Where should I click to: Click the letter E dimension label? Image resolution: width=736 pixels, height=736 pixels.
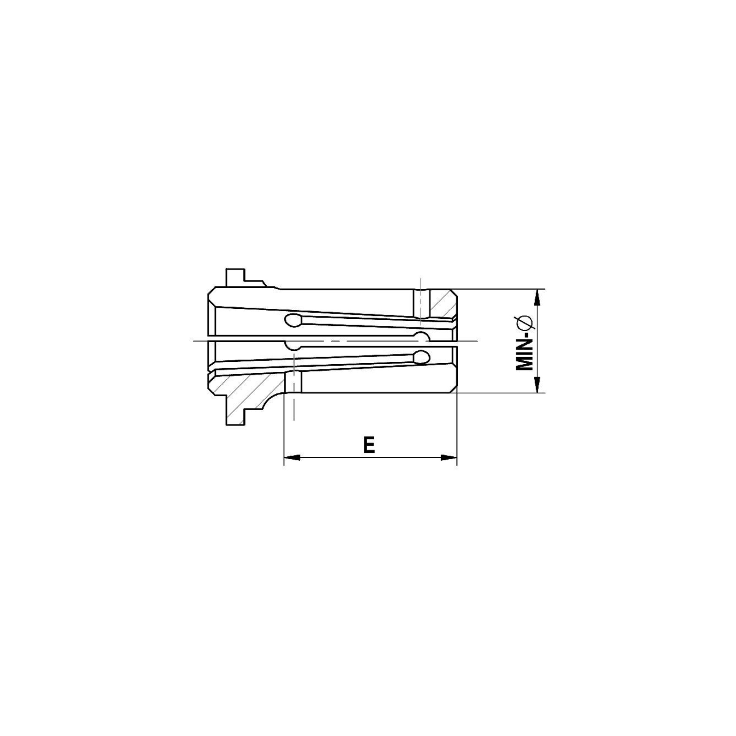369,445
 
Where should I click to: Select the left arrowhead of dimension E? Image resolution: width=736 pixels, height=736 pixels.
292,457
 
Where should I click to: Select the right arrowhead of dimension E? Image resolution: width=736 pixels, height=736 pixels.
449,457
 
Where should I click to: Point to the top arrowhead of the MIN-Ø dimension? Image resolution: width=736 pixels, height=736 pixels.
537,297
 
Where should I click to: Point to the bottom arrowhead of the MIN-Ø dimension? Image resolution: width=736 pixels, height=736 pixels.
537,385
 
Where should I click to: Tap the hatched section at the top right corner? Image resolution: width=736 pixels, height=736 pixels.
442,304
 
